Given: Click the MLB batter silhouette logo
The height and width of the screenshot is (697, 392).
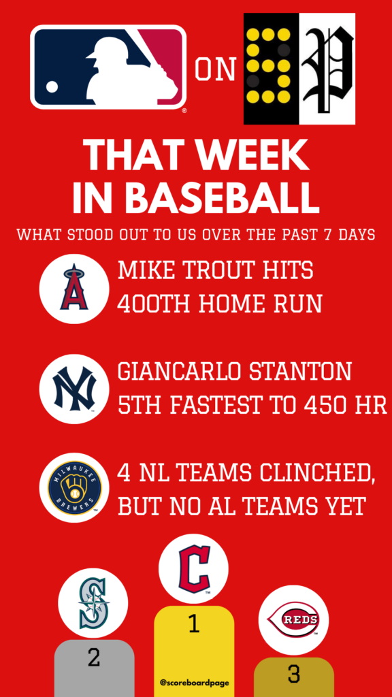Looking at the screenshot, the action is (108, 67).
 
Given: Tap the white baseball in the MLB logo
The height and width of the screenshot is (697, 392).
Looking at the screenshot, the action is (52, 86).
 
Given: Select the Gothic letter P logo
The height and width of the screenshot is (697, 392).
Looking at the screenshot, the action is (327, 69).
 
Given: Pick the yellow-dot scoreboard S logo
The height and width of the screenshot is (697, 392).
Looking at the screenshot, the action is (271, 69).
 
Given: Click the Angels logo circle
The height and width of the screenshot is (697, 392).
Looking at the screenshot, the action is (74, 289).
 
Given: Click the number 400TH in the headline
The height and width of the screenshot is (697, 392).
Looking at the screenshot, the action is (156, 304).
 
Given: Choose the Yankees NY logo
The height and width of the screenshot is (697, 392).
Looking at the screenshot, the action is (74, 389).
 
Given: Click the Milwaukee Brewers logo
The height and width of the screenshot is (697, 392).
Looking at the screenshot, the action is (74, 487).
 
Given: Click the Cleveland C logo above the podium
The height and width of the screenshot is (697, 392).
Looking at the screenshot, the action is (193, 569).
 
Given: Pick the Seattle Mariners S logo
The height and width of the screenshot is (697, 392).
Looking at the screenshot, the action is (93, 603).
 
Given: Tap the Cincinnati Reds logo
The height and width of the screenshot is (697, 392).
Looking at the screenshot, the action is (293, 620).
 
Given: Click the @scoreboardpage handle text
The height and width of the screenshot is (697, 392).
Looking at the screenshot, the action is (194, 682).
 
